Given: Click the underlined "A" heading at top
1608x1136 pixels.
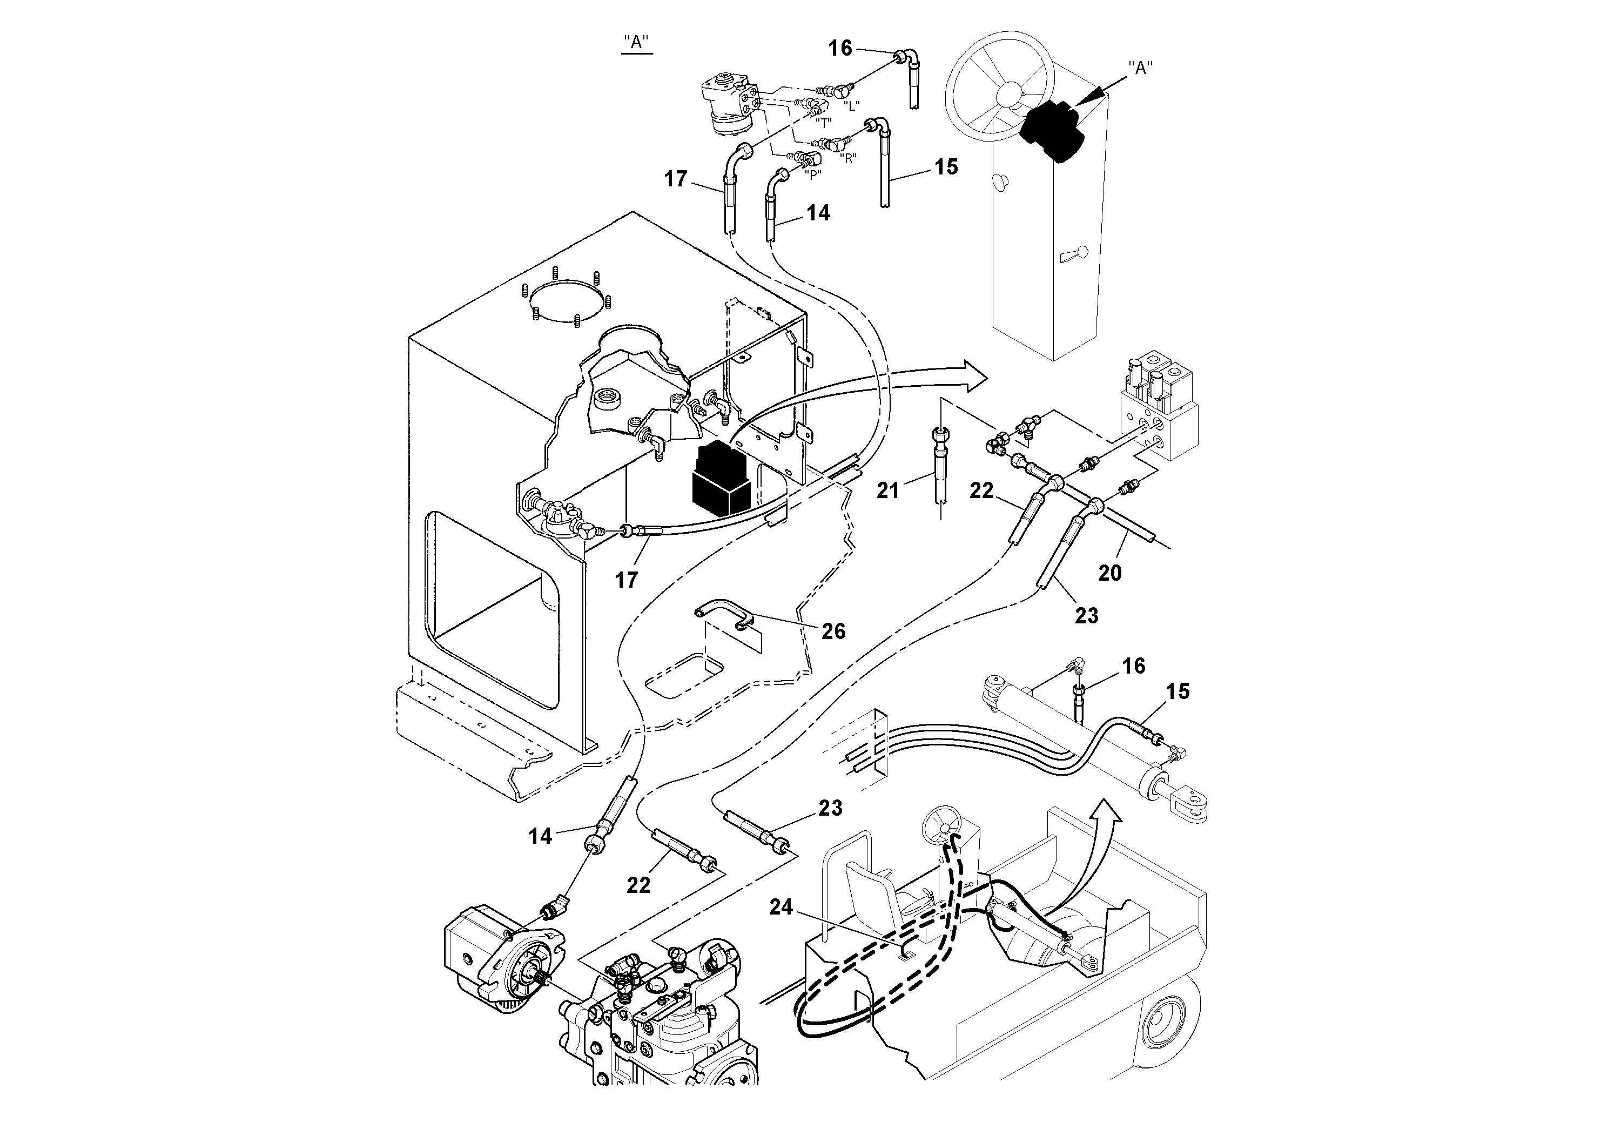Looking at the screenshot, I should pyautogui.click(x=637, y=42).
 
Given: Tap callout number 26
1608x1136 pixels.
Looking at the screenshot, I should pyautogui.click(x=833, y=631).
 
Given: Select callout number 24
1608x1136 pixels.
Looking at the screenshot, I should pyautogui.click(x=781, y=907).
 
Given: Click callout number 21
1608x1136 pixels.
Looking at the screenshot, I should pyautogui.click(x=888, y=491).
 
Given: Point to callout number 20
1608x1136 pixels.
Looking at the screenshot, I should pyautogui.click(x=1110, y=573).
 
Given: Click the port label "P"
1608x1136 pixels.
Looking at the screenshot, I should pyautogui.click(x=812, y=175).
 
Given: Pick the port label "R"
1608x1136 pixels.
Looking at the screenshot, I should pyautogui.click(x=848, y=158).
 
